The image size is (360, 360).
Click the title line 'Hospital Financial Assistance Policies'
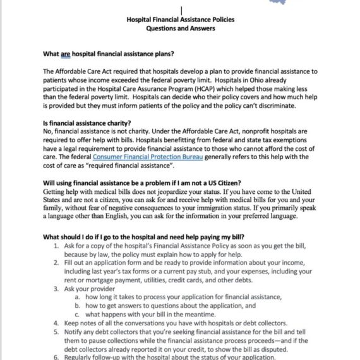pos(180,20)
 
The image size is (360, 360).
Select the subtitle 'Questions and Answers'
pos(180,28)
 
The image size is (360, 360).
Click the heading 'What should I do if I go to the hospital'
pos(145,236)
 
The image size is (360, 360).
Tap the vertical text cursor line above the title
pos(181,10)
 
